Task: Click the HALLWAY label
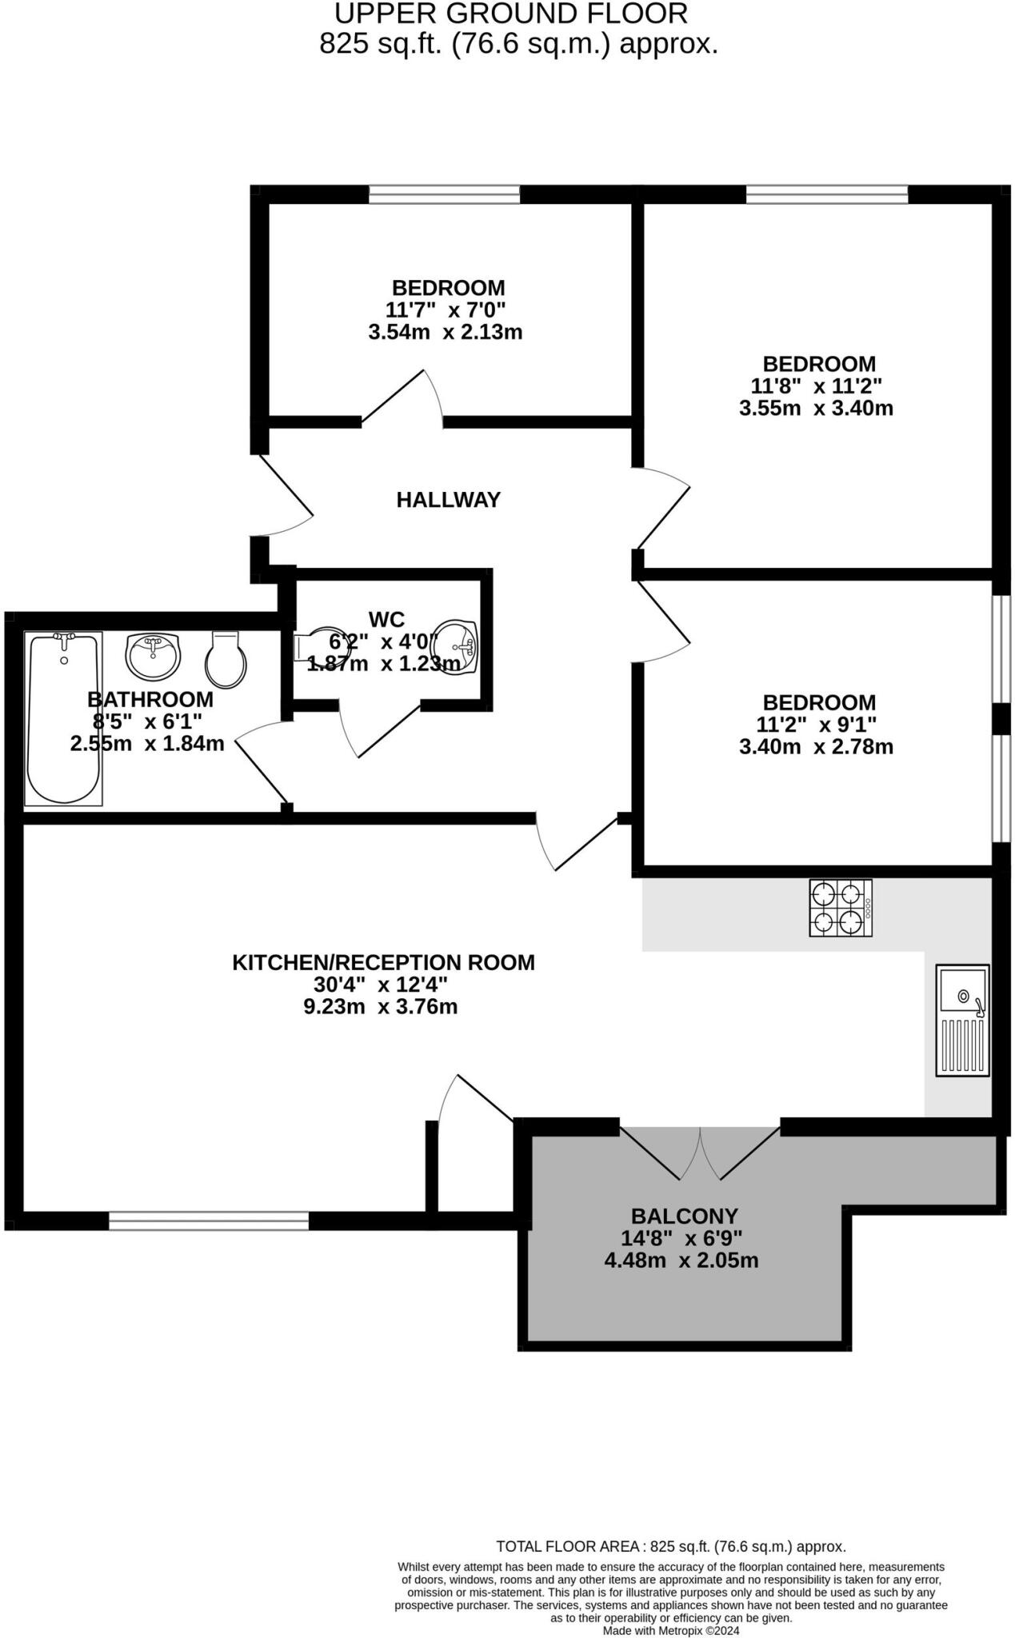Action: pos(448,500)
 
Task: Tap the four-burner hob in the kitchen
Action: pos(840,907)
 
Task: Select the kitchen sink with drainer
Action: pos(963,1020)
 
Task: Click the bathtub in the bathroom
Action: pos(64,718)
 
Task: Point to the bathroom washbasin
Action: pos(154,656)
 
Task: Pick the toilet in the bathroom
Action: pos(226,661)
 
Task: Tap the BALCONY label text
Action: pos(684,1216)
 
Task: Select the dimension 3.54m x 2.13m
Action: pos(445,332)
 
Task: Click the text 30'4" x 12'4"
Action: pos(380,984)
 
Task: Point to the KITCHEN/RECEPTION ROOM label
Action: pos(383,962)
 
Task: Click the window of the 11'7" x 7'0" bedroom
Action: pos(444,194)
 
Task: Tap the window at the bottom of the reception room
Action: pos(209,1221)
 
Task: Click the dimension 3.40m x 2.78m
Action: pos(816,747)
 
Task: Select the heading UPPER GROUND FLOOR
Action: pos(510,14)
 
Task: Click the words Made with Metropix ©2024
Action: pos(670,1630)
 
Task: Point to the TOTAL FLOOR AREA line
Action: pos(670,1546)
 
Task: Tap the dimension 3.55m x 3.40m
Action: pos(816,408)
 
